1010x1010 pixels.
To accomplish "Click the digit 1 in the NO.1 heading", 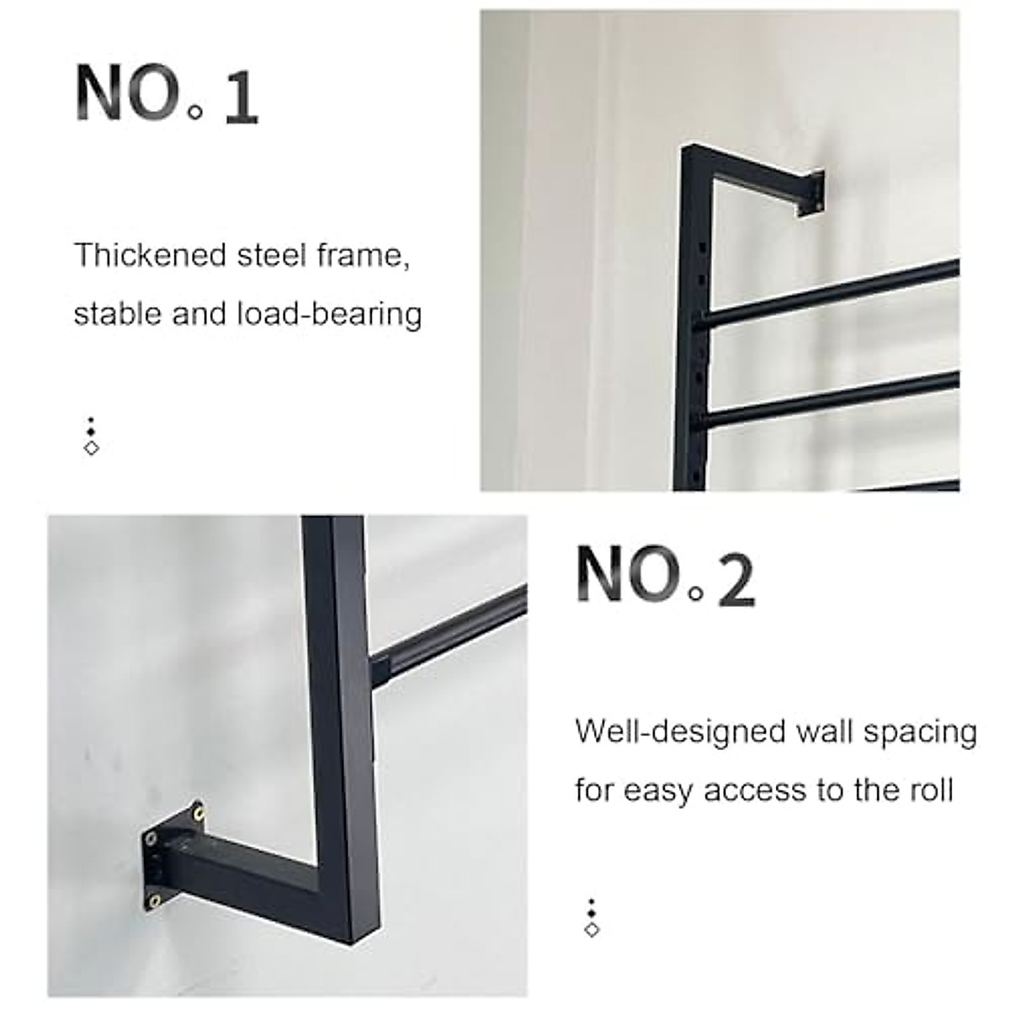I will [x=242, y=99].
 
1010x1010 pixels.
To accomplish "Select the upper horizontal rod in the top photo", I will [x=829, y=295].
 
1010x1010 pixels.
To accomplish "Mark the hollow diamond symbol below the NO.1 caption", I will [x=92, y=448].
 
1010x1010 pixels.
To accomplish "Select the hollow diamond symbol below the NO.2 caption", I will [x=592, y=929].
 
